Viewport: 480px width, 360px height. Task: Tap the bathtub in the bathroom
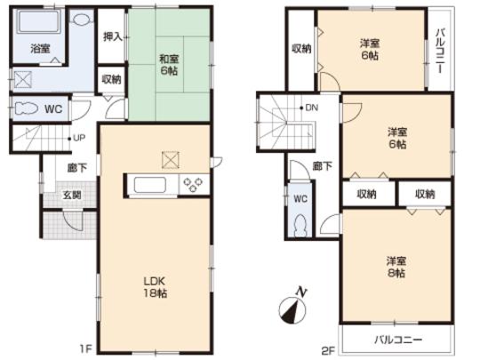[38, 21]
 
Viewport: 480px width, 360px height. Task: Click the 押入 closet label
[111, 37]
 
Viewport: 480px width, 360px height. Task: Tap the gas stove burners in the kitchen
[193, 185]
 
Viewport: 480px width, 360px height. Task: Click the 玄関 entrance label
[72, 196]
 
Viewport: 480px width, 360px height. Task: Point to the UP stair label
[78, 138]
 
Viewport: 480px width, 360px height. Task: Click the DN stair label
[310, 108]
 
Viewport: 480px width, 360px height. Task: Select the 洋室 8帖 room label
[397, 267]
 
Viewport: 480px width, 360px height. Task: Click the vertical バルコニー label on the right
[439, 49]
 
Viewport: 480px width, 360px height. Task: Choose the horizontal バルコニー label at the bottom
[397, 340]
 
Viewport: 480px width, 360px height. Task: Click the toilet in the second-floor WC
[299, 225]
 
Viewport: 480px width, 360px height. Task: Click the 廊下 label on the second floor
[324, 166]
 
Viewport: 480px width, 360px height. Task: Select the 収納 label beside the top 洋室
[301, 48]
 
